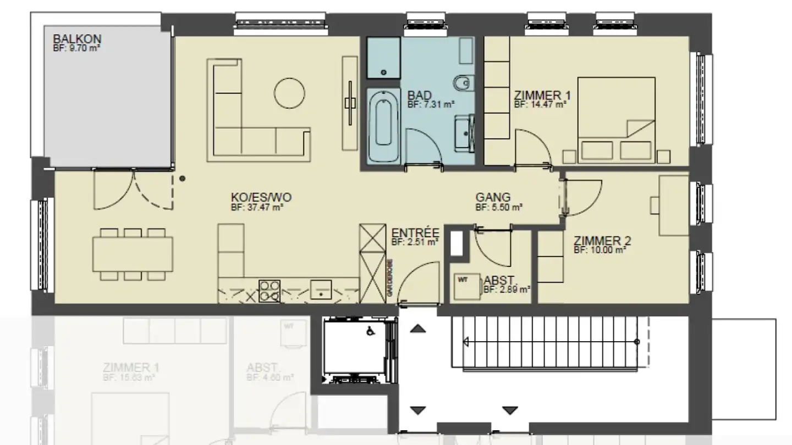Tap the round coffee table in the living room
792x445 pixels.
pyautogui.click(x=289, y=93)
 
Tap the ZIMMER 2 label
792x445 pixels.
pyautogui.click(x=602, y=241)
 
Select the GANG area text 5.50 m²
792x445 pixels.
pyautogui.click(x=498, y=208)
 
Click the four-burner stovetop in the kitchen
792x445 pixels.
pyautogui.click(x=269, y=291)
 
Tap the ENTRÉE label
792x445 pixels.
pyautogui.click(x=415, y=232)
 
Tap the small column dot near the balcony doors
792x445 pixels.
pyautogui.click(x=182, y=179)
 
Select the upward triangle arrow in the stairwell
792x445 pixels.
pyautogui.click(x=419, y=329)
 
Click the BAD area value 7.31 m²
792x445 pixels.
pyautogui.click(x=430, y=103)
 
